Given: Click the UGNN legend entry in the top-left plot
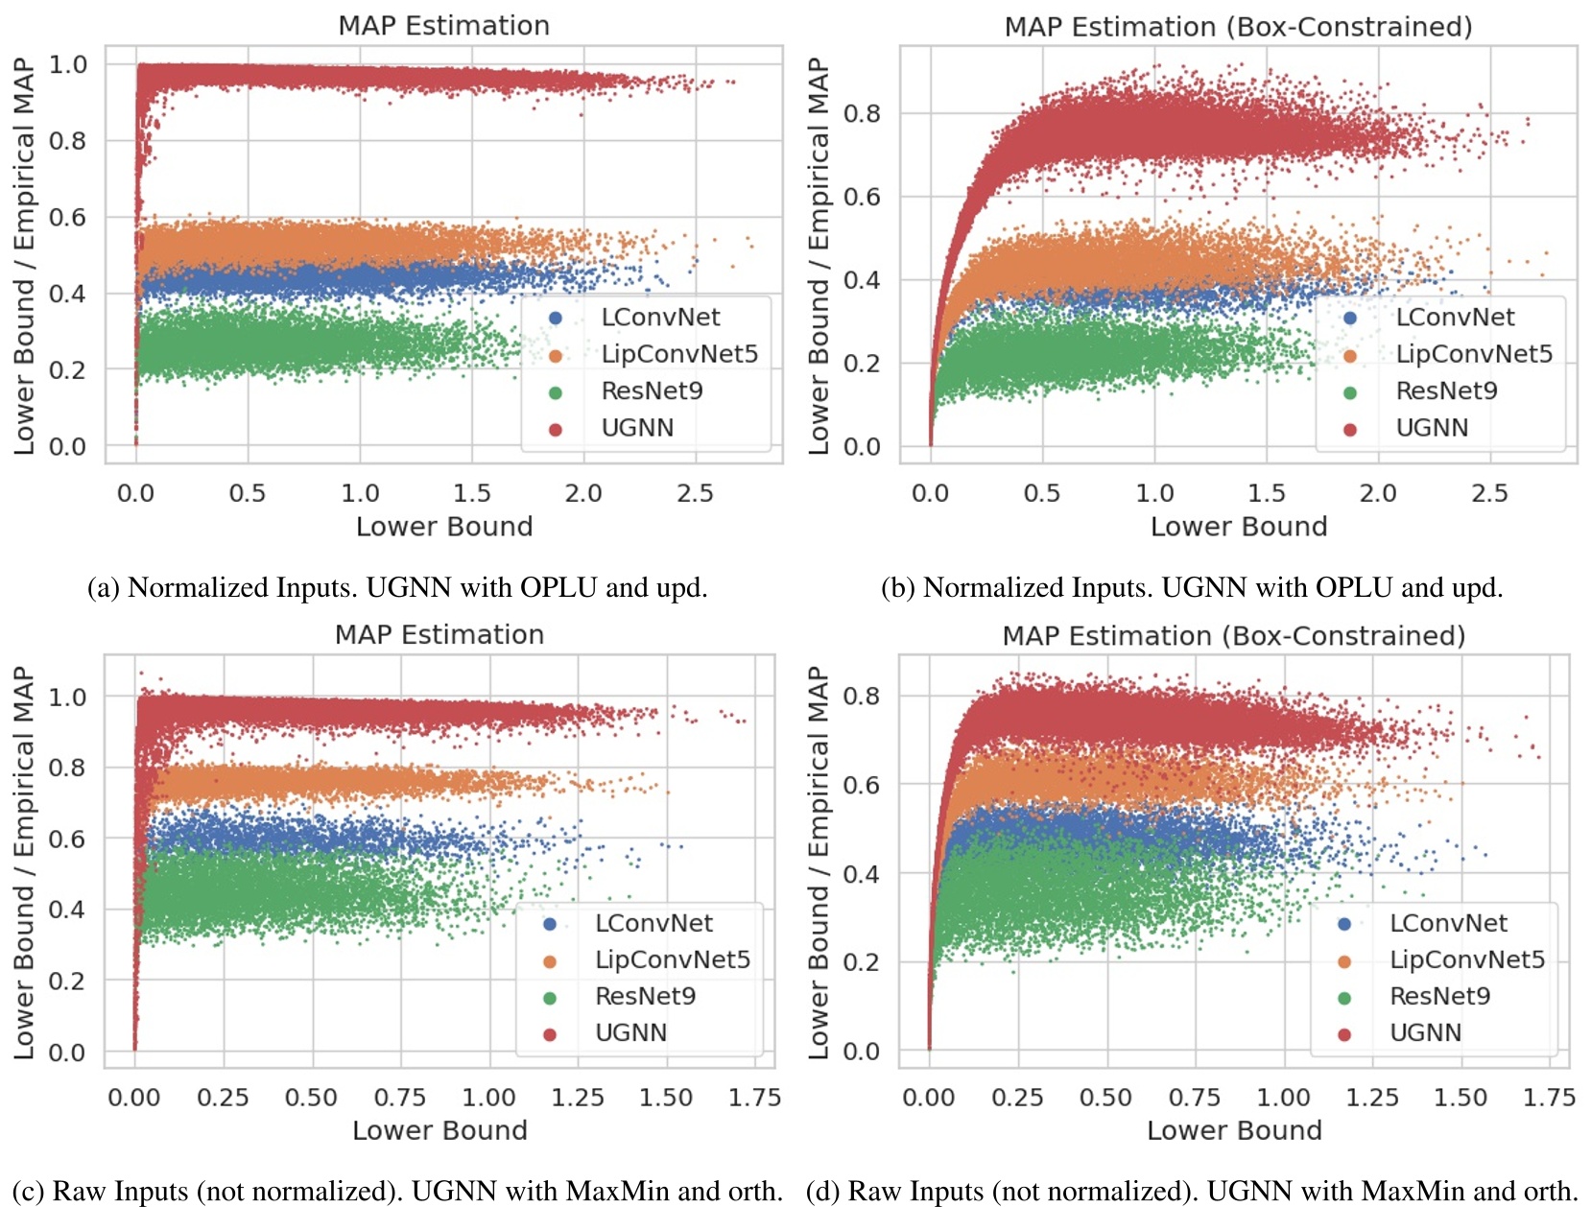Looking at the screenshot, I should tap(637, 428).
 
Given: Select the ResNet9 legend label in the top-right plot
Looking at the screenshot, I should tap(1446, 391).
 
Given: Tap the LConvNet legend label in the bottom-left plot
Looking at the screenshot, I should tap(653, 923).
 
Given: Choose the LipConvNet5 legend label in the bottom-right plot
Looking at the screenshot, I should tap(1466, 959).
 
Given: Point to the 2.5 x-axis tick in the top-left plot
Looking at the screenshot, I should tap(695, 493).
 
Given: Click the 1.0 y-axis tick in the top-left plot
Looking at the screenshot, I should tap(67, 65).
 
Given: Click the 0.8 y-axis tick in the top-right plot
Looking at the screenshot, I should tap(861, 114).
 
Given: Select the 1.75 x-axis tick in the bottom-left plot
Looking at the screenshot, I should tap(754, 1098).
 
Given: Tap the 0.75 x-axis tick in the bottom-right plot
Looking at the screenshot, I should tap(1194, 1098).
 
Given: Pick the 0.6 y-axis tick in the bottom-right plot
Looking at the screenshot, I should tap(861, 785).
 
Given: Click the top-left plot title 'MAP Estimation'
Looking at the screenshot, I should tap(443, 26).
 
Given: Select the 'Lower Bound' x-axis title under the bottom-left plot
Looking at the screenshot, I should tap(439, 1130).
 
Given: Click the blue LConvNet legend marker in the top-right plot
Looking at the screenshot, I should tap(1350, 318).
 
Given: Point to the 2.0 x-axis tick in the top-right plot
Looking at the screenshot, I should tap(1377, 493).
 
